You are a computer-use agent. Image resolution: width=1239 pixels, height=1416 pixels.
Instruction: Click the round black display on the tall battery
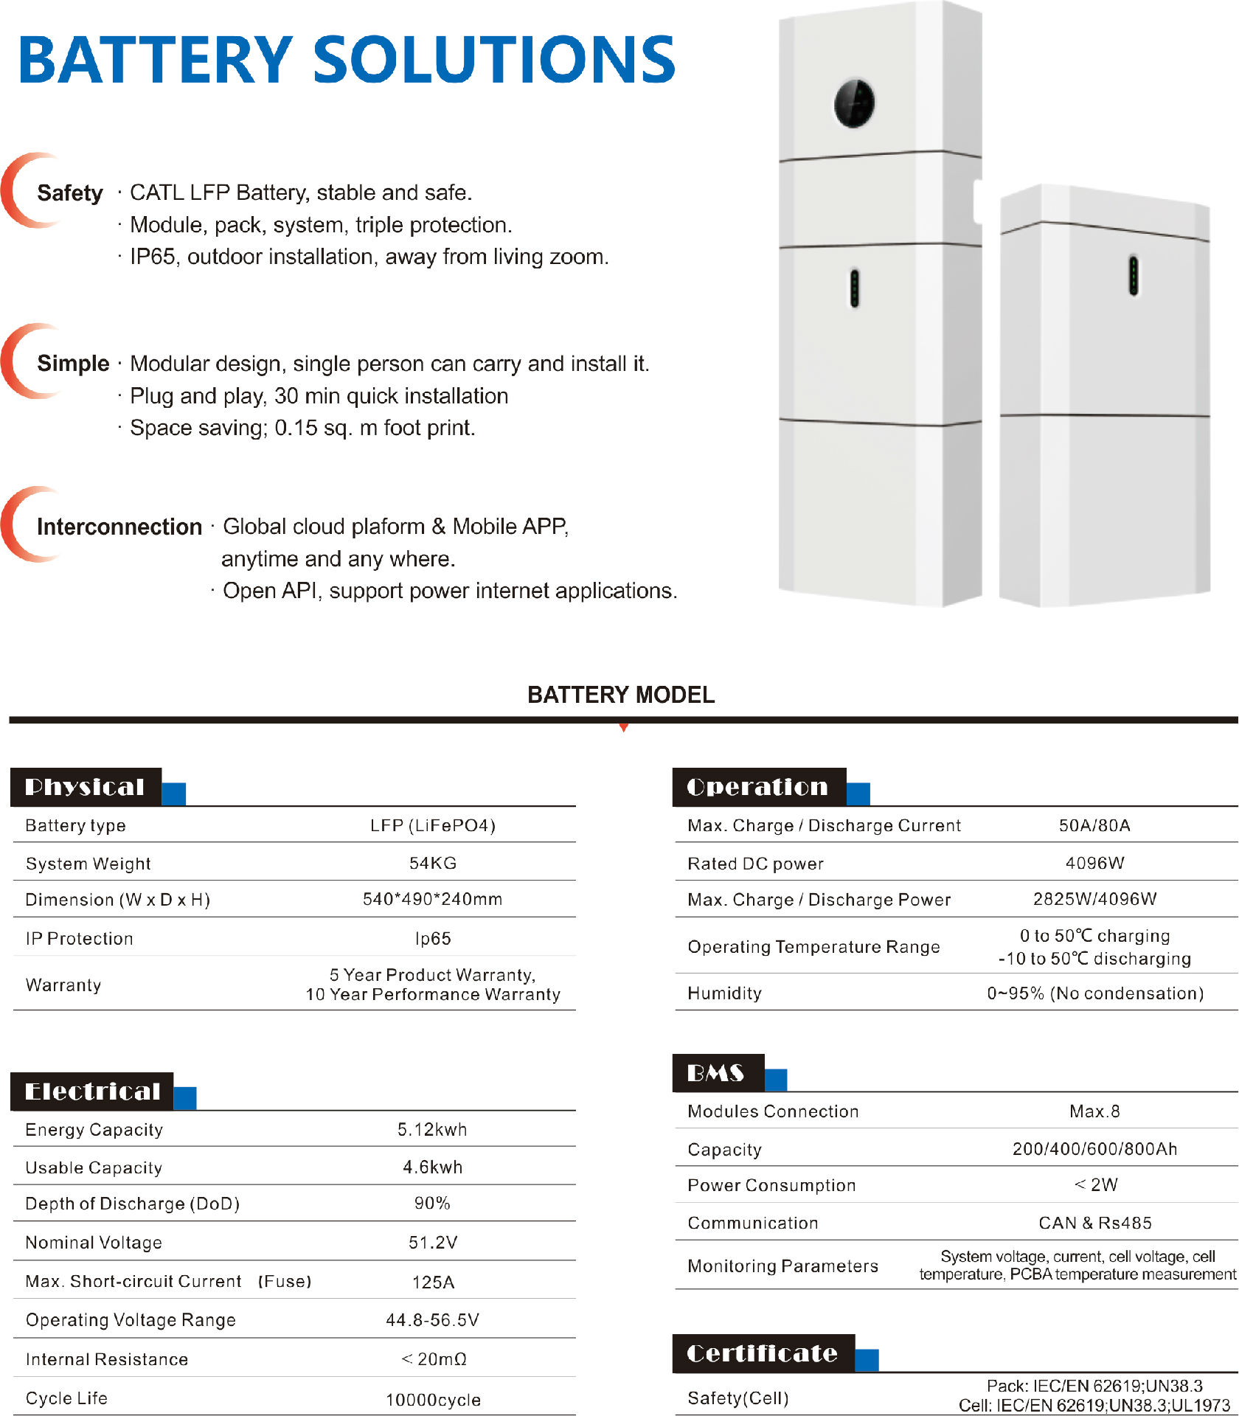(854, 103)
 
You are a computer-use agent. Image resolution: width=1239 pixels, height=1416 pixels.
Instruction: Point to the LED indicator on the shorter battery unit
(1134, 275)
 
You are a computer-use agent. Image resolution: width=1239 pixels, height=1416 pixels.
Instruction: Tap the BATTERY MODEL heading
(621, 695)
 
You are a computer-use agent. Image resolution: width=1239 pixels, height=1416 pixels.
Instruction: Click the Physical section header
(86, 787)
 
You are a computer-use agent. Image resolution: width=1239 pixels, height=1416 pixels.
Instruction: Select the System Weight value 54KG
(433, 863)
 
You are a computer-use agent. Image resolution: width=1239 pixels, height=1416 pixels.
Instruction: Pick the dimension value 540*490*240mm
(433, 899)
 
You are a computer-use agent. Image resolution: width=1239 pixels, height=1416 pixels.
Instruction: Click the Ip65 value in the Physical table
(433, 938)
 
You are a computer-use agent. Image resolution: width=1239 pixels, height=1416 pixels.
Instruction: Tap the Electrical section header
(92, 1091)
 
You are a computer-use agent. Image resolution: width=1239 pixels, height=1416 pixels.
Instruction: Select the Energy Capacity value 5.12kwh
(432, 1129)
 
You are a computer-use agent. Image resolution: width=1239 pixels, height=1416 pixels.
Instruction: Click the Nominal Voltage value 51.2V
(433, 1243)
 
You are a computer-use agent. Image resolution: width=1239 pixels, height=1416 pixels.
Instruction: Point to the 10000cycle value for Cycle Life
(433, 1400)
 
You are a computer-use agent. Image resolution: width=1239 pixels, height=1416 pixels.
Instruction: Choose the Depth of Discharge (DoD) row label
(133, 1204)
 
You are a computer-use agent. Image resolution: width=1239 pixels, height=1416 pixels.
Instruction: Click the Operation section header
(758, 787)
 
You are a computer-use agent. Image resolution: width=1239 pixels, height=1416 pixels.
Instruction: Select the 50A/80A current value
(1094, 825)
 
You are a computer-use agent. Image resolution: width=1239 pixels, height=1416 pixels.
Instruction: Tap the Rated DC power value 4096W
(1094, 863)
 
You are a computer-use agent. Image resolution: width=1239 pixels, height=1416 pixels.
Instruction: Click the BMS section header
(716, 1073)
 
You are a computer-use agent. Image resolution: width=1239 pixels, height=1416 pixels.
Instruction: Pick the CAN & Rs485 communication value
(1094, 1223)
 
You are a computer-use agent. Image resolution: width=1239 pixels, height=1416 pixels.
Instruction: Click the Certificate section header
(763, 1353)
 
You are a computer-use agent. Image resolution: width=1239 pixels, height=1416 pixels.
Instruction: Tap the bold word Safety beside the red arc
(70, 193)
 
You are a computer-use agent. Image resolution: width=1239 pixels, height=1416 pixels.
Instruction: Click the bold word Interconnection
(119, 527)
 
